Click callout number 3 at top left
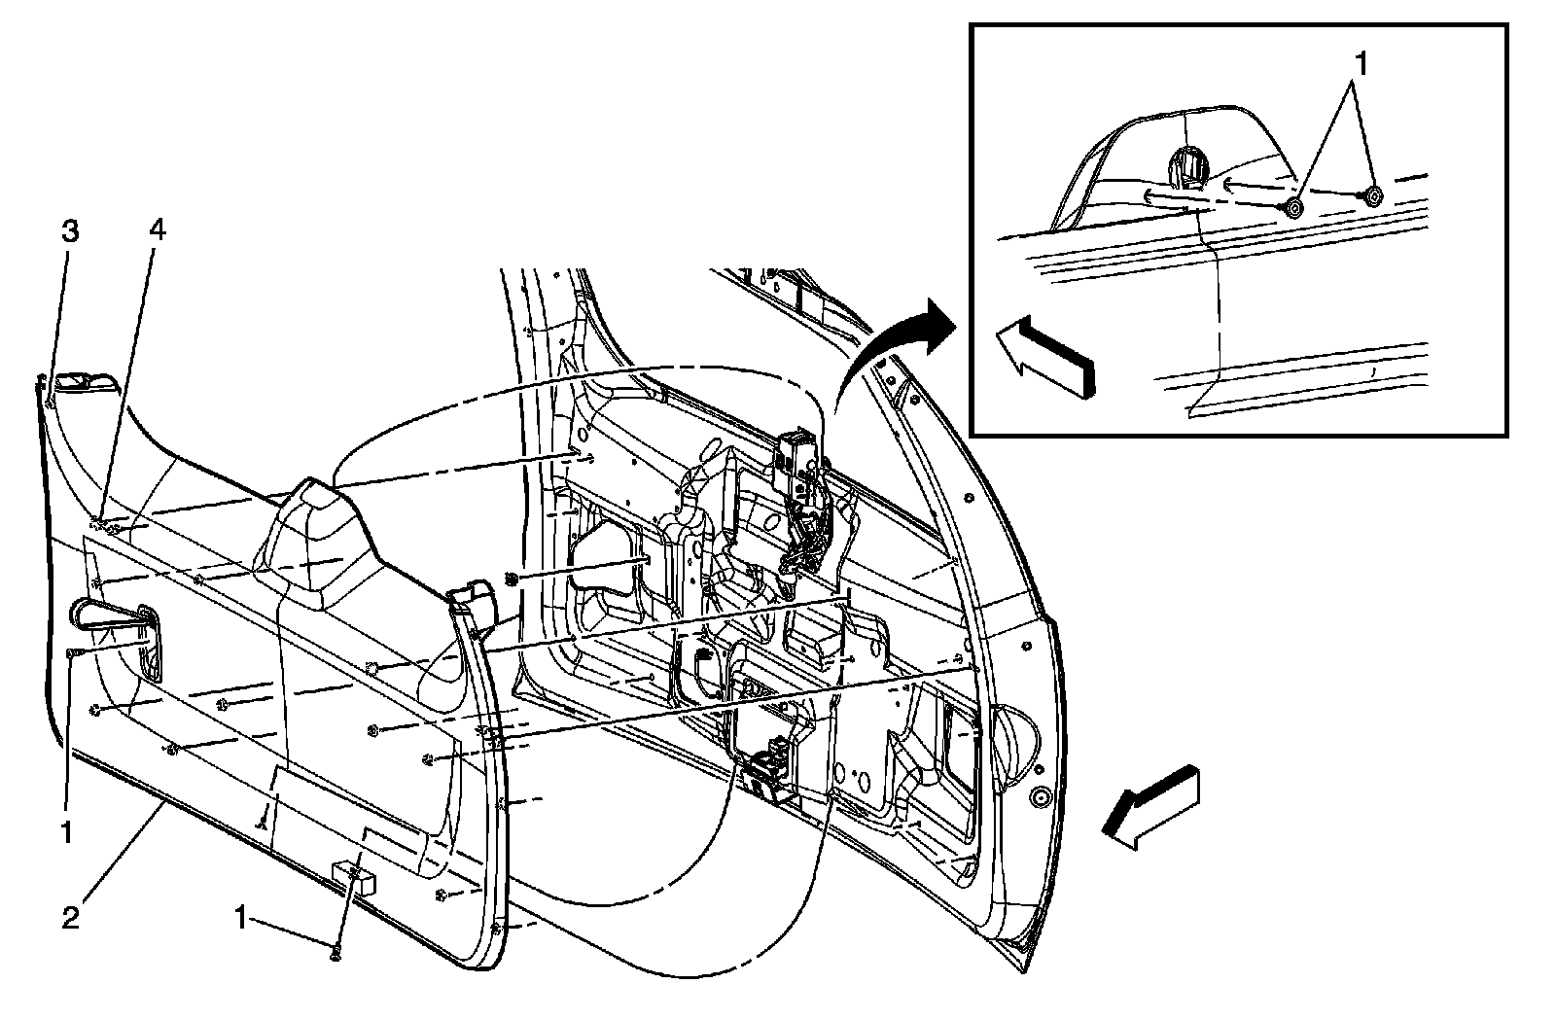pyautogui.click(x=69, y=232)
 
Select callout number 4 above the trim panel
pyautogui.click(x=157, y=230)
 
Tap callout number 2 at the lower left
pyautogui.click(x=70, y=917)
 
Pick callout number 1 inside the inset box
pyautogui.click(x=1361, y=65)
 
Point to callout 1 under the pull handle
pyautogui.click(x=67, y=832)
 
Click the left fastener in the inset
pyautogui.click(x=1294, y=206)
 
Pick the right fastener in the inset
pyautogui.click(x=1372, y=195)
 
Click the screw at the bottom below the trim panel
pyautogui.click(x=336, y=955)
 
